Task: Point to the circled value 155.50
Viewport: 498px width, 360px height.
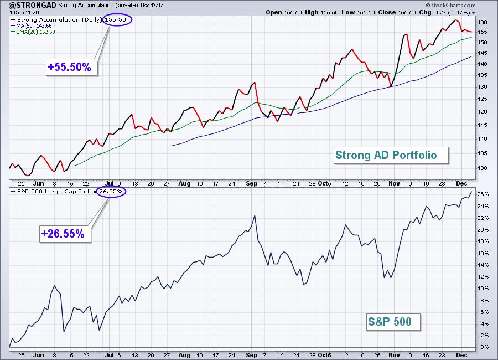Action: pos(117,20)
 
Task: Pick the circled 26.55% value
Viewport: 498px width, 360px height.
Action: pos(111,192)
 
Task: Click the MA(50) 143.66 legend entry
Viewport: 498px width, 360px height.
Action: pos(31,26)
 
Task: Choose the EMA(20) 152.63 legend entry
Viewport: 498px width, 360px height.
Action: pos(33,32)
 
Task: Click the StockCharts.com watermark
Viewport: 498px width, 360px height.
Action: pos(450,5)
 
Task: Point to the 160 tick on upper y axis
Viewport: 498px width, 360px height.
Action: pos(483,23)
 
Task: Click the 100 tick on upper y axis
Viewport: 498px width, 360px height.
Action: pos(483,168)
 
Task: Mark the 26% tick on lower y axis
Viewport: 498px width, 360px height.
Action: pos(484,194)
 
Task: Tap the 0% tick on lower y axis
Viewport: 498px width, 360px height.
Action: pos(485,347)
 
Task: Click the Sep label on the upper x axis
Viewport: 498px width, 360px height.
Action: pos(252,183)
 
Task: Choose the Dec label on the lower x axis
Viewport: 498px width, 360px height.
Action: pos(461,355)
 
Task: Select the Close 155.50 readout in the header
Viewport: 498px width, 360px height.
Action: pos(397,12)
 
